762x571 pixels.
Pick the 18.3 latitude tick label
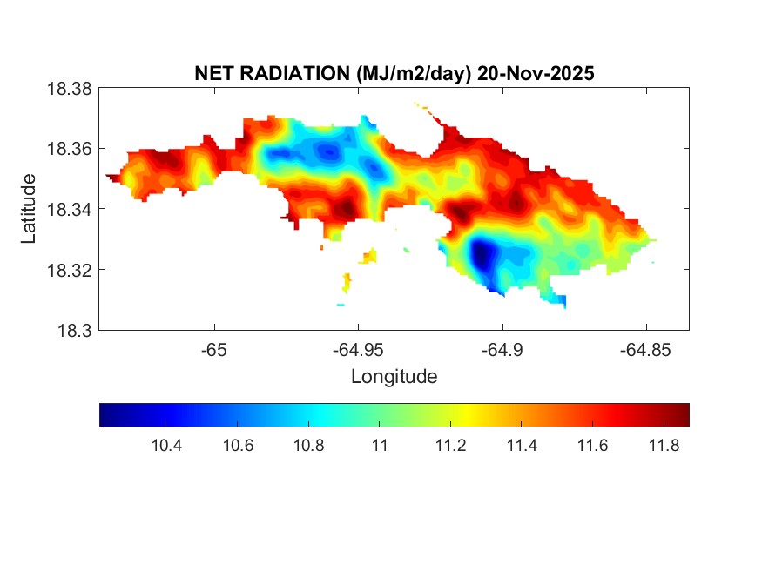click(x=74, y=330)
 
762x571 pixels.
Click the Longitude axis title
click(x=394, y=377)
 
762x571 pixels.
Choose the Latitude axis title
click(x=30, y=209)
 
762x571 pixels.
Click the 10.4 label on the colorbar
click(x=166, y=446)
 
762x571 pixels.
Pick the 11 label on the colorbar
click(x=379, y=446)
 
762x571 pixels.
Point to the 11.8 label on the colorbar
click(x=664, y=446)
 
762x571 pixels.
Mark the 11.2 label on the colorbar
click(x=450, y=446)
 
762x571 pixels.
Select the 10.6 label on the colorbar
click(x=237, y=446)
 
